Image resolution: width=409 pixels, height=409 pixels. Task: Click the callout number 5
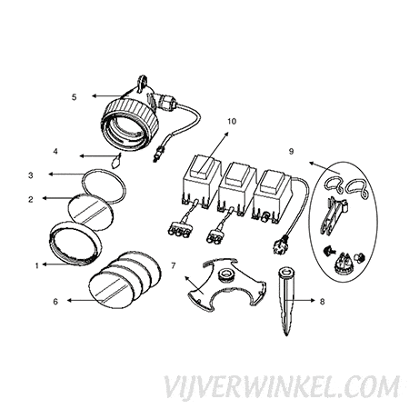[x=75, y=97]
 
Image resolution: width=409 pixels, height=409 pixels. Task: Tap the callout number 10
[x=232, y=122]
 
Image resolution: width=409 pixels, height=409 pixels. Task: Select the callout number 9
[x=291, y=151]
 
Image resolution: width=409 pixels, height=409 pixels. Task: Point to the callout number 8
[x=322, y=302]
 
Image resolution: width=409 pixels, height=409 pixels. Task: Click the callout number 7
[x=174, y=265]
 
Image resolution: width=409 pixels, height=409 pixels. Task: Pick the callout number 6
[x=55, y=302]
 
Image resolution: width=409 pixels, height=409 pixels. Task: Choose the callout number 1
[x=37, y=266]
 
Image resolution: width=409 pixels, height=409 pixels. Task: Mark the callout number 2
[x=31, y=199]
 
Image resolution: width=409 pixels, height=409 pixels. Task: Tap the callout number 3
[x=31, y=175]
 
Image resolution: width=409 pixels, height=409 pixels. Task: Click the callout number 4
[x=55, y=151]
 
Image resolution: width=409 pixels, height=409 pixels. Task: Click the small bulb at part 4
[x=115, y=161]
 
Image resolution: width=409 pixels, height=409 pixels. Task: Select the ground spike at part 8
[x=286, y=301]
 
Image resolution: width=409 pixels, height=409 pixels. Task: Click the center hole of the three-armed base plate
[x=225, y=274]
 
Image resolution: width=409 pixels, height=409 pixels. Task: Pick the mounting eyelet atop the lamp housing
[x=143, y=83]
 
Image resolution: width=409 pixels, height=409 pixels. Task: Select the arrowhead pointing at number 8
[x=313, y=300]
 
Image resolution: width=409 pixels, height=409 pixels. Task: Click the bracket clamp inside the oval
[x=333, y=215]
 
